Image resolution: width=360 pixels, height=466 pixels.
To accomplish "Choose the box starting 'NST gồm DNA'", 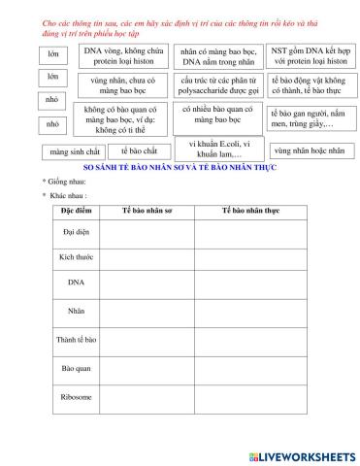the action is click(x=307, y=55).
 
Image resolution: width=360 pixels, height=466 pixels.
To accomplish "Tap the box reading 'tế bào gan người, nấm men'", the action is click(x=307, y=119).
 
